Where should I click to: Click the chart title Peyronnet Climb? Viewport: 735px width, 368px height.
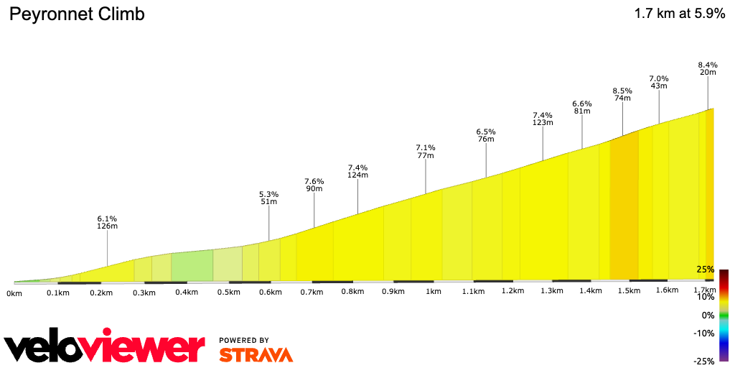77,14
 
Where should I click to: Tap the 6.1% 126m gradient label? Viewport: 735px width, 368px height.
107,222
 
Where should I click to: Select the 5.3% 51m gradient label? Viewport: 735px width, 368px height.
268,198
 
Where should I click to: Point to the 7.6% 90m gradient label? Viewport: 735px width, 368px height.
314,185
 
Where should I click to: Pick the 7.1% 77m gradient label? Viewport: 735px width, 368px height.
426,151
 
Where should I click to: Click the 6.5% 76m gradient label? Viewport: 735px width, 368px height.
486,135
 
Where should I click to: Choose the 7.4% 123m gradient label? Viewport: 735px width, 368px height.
543,119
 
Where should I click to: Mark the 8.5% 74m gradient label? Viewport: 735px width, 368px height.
622,94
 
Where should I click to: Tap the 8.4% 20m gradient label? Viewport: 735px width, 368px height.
708,68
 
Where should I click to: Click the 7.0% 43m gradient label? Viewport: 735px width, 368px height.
659,82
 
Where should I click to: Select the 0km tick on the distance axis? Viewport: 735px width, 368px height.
14,293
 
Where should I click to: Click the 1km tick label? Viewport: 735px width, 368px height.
433,292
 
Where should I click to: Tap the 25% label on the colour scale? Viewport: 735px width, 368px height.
706,270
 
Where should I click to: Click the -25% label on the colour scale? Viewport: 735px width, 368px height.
703,362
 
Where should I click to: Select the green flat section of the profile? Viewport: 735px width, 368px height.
192,266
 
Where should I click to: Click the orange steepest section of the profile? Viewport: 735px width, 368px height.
624,208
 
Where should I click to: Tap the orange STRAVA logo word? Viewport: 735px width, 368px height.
256,354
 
